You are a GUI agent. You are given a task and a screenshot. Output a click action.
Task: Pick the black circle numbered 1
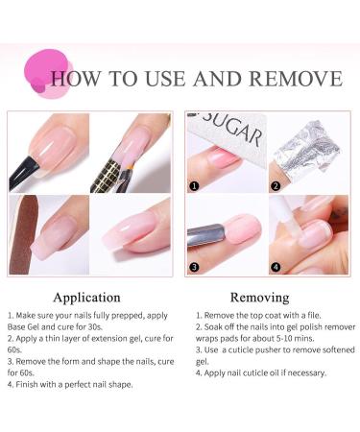click(193, 186)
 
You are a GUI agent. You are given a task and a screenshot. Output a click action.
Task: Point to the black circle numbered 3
click(193, 267)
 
